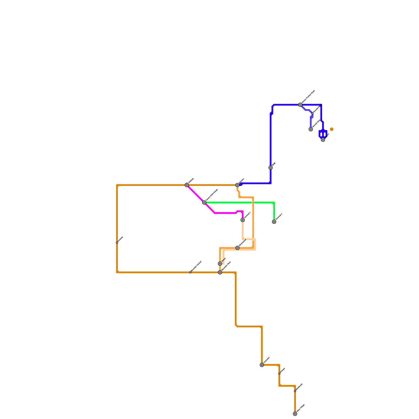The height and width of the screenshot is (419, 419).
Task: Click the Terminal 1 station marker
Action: tap(242, 220)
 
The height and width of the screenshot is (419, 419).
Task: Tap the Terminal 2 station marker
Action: tap(274, 222)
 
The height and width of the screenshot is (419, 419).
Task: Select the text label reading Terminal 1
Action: tap(247, 215)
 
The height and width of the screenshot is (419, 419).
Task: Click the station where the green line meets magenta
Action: tap(204, 202)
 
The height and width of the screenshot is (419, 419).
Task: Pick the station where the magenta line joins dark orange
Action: tap(187, 185)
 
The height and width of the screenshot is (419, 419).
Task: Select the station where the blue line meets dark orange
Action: tap(237, 185)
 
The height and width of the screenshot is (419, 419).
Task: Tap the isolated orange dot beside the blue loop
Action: tap(332, 129)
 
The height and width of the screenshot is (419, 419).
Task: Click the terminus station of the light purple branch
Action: tap(311, 129)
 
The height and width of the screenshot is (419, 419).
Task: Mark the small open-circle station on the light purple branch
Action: tap(312, 113)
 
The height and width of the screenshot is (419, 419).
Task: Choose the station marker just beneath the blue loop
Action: tap(323, 140)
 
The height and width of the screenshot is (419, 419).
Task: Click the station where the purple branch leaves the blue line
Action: tap(300, 105)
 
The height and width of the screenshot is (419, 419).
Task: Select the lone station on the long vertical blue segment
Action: tap(271, 168)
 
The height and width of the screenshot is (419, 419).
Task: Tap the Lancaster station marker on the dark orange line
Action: tap(262, 365)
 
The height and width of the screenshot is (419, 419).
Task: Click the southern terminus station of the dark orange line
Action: tap(295, 414)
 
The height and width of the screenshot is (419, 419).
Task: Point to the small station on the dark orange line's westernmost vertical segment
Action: tap(117, 242)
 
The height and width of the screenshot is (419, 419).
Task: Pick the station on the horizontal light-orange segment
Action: tap(237, 248)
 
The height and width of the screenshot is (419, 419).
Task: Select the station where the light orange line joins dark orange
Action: tap(220, 272)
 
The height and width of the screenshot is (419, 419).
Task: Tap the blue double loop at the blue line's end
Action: tap(323, 134)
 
